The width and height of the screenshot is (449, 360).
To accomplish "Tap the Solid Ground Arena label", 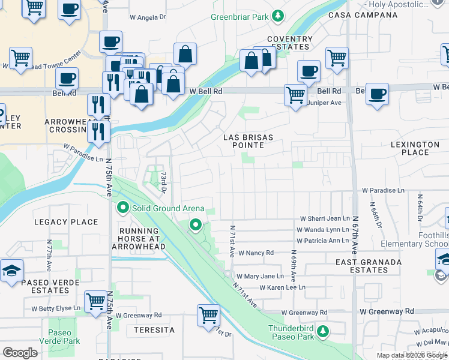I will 169,208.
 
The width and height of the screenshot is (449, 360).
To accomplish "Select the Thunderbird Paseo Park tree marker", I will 323,331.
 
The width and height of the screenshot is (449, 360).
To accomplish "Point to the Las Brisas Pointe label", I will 248,142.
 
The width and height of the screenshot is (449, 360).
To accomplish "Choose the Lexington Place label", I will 415,149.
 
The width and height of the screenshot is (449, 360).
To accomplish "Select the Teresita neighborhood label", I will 154,330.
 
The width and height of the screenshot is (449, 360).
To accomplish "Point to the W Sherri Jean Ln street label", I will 324,219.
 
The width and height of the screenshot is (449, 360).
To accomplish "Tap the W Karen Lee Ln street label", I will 282,287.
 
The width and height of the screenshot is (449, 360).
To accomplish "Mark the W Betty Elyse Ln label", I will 59,308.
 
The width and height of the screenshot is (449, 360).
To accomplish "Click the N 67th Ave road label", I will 355,234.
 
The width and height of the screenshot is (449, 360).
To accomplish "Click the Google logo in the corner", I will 20,352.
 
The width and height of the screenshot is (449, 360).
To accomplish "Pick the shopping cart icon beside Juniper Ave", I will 295,95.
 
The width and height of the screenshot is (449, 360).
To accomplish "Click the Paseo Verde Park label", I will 59,337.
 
